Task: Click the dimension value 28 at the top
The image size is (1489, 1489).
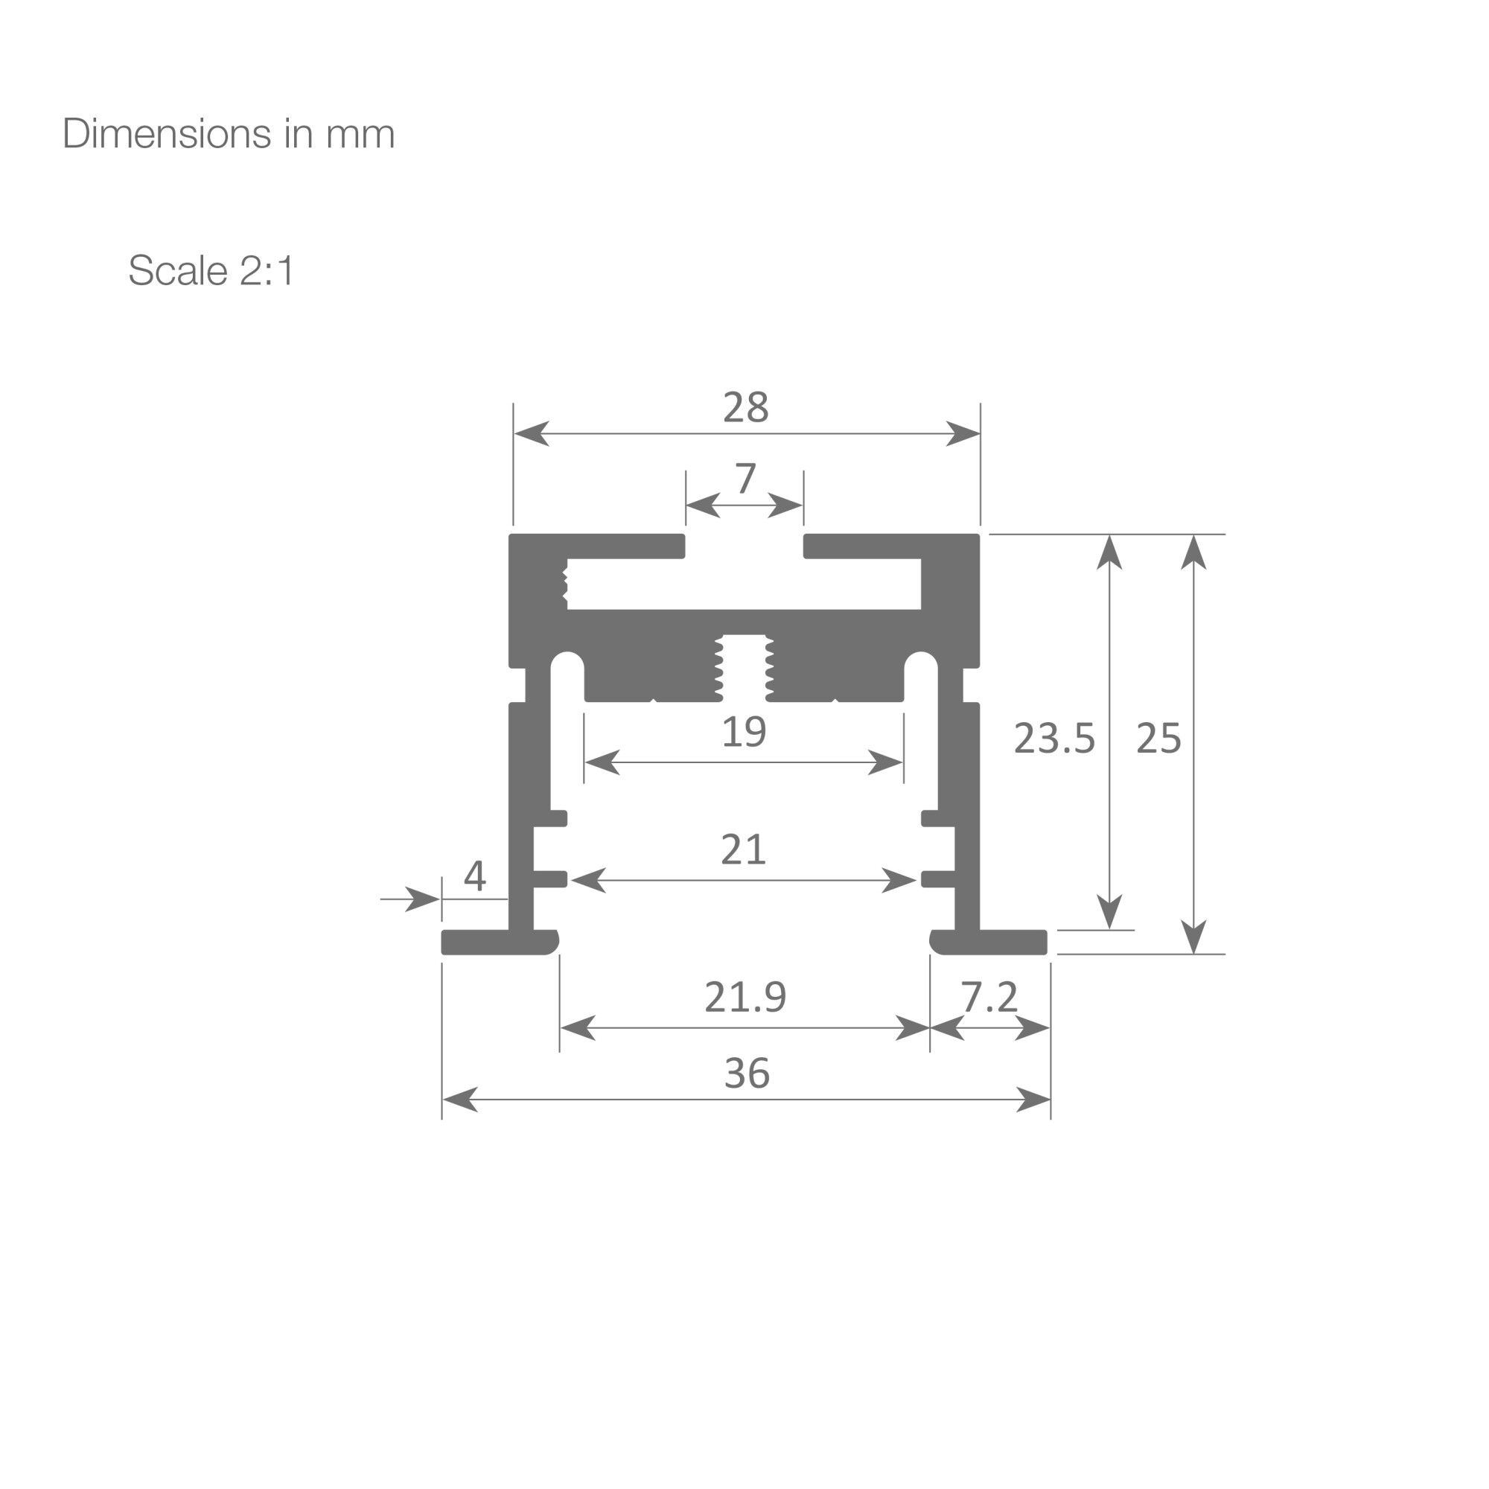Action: [x=745, y=408]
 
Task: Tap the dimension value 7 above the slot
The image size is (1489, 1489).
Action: [x=745, y=479]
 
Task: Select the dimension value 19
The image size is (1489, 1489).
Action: [x=744, y=732]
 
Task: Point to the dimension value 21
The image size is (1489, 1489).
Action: [x=743, y=849]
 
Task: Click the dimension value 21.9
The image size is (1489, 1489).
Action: [x=745, y=997]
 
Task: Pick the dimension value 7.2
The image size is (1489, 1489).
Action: [x=989, y=997]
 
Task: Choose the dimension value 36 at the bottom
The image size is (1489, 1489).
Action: [x=747, y=1073]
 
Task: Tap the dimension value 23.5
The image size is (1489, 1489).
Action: [x=1053, y=739]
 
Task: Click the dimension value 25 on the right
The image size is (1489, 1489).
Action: [x=1158, y=739]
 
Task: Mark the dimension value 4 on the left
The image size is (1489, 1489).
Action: [x=475, y=876]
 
